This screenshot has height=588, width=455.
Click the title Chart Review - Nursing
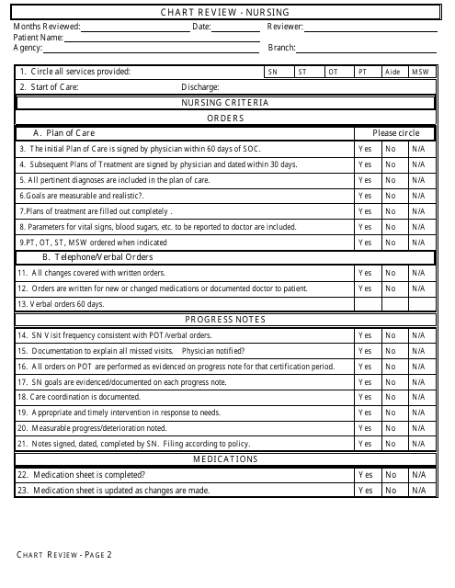[225, 12]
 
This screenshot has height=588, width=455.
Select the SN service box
[272, 72]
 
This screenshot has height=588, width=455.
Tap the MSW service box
[419, 72]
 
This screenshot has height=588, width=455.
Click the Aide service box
[392, 72]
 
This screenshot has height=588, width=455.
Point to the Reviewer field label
[286, 28]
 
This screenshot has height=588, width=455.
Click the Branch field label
[281, 48]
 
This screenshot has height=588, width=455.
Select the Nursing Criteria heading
[225, 103]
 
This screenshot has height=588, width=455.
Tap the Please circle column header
[395, 133]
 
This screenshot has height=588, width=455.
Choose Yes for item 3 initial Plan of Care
[365, 149]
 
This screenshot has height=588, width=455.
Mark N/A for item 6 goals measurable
[418, 196]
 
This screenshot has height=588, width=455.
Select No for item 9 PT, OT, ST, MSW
[391, 243]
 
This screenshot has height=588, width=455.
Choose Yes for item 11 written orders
[365, 273]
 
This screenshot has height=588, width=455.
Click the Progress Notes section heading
[225, 320]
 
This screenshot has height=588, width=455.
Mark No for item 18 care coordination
[391, 397]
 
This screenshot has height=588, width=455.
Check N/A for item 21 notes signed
[418, 444]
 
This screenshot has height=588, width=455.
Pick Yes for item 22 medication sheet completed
[365, 475]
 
